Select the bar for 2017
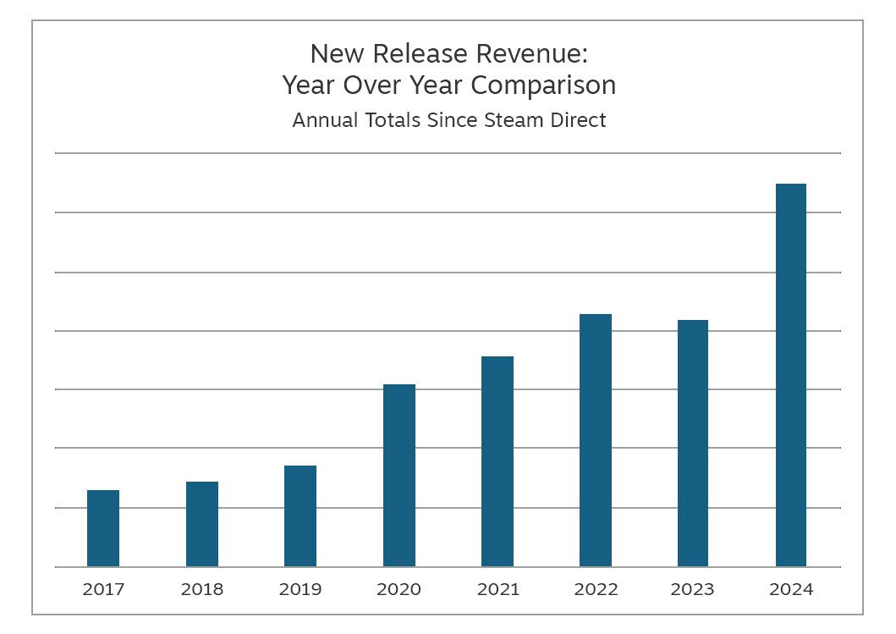pyautogui.click(x=103, y=528)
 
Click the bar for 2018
pyautogui.click(x=202, y=524)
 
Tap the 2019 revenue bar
pyautogui.click(x=300, y=516)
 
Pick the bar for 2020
pyautogui.click(x=399, y=476)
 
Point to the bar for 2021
pyautogui.click(x=497, y=461)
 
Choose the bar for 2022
pyautogui.click(x=596, y=440)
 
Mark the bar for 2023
pyautogui.click(x=693, y=444)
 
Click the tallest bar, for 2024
pyautogui.click(x=791, y=375)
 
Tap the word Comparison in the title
pyautogui.click(x=543, y=85)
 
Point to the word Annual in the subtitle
pyautogui.click(x=322, y=120)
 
